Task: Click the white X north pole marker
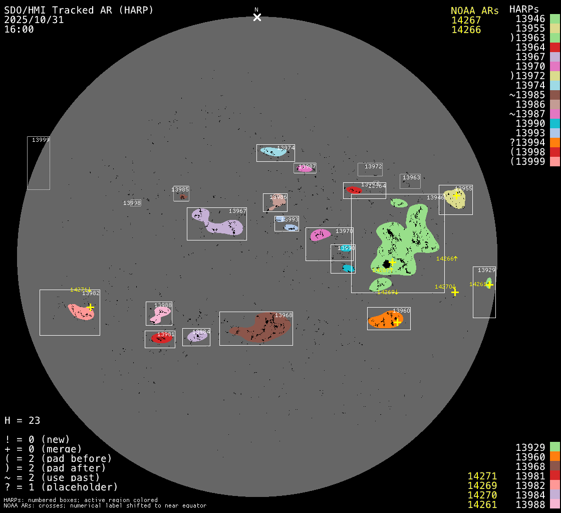tap(257, 18)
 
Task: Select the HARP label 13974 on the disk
tap(286, 148)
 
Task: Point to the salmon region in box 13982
tap(80, 312)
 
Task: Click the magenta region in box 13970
tap(319, 235)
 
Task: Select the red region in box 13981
tap(161, 339)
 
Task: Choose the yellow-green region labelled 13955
tap(454, 199)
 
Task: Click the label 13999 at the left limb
tap(41, 140)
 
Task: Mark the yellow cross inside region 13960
tap(397, 322)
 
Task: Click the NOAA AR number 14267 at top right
tap(466, 21)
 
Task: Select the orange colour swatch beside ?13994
tap(554, 143)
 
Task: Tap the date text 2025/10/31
tap(34, 20)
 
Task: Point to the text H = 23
tap(22, 420)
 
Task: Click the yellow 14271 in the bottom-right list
tap(482, 476)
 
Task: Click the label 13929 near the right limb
tap(486, 270)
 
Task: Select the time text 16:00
tap(19, 30)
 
